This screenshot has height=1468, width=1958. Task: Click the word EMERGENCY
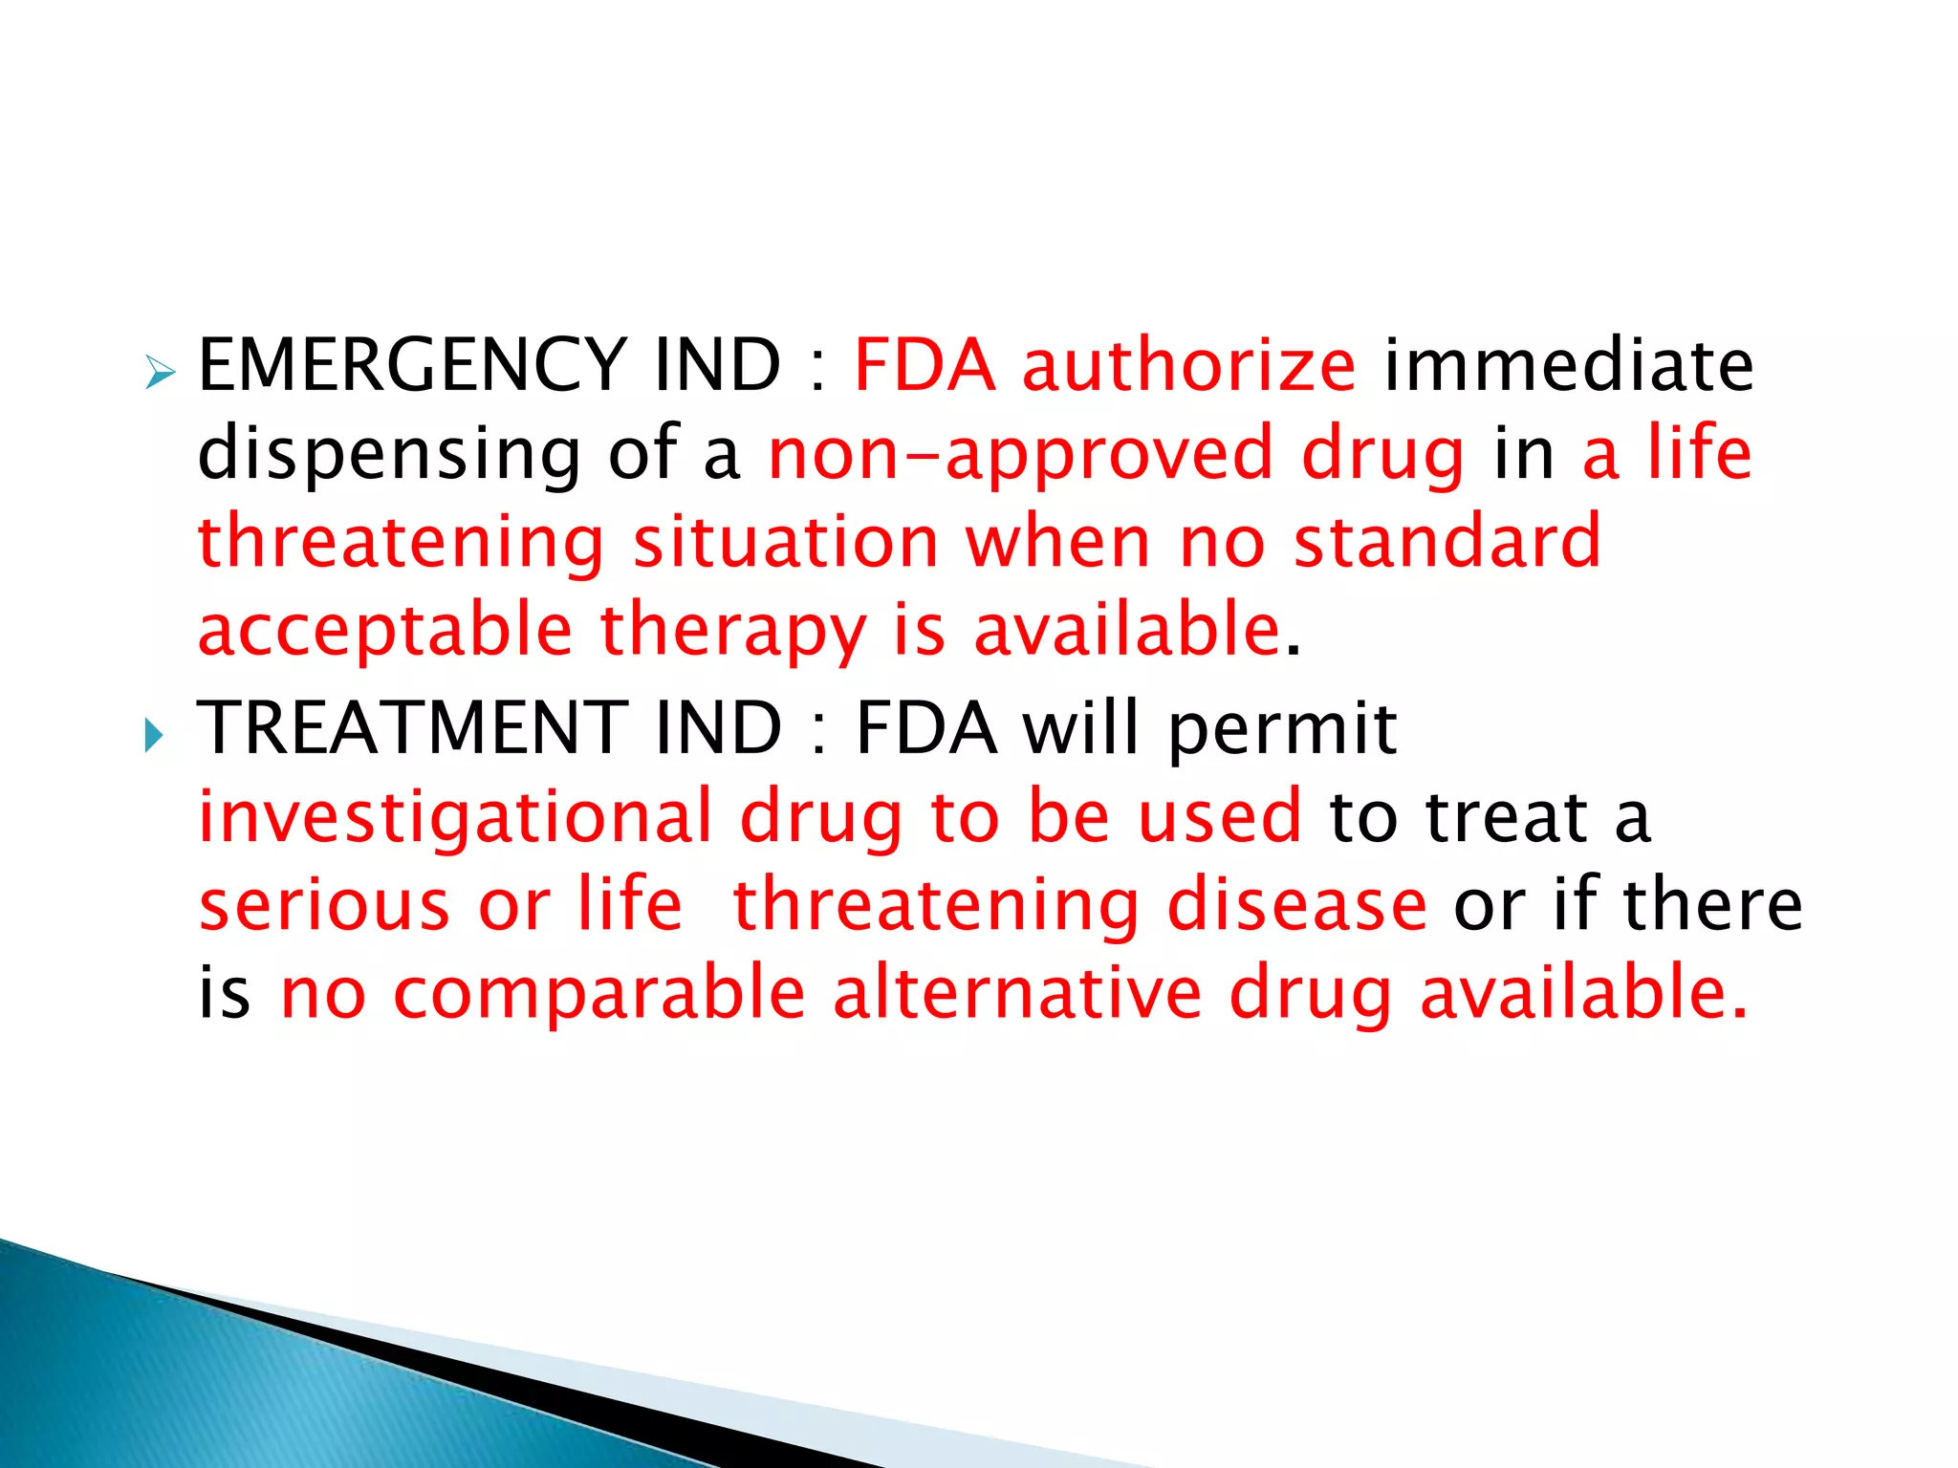point(411,365)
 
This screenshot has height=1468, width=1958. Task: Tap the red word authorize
point(1188,365)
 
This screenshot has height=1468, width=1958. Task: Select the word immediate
point(1569,365)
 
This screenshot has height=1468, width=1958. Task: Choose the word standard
point(1447,542)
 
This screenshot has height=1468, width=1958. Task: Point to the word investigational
point(455,818)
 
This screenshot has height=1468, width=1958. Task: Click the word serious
point(324,905)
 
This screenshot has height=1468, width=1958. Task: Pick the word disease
point(1296,905)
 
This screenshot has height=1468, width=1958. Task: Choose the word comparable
point(599,994)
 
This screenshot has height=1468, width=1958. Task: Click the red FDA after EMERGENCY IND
point(924,365)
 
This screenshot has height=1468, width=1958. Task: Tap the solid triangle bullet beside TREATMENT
point(154,736)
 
